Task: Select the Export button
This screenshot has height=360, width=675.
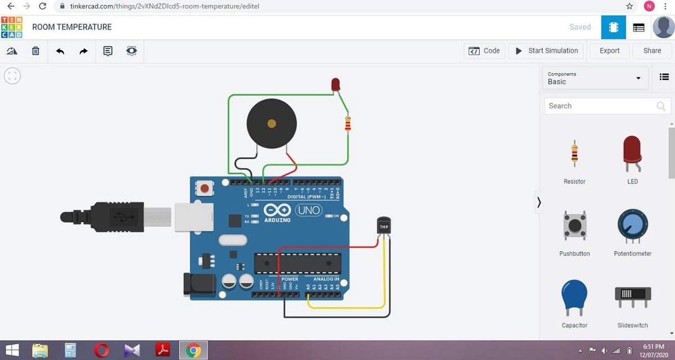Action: pos(609,51)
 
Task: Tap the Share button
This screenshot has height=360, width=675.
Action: pos(652,51)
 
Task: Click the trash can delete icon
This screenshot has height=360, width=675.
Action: pos(35,51)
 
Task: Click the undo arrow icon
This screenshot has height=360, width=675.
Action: pos(60,51)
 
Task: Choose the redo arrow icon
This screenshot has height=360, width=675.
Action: pos(83,51)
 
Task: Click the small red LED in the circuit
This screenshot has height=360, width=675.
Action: pos(336,85)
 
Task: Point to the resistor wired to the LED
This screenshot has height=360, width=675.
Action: pos(348,123)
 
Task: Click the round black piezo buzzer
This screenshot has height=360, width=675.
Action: pos(272,124)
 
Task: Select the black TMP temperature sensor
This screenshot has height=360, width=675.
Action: pos(384,227)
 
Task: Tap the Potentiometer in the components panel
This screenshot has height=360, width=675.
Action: pos(633,226)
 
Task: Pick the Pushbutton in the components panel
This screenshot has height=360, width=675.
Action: pos(574,226)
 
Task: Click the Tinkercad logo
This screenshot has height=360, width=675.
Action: pos(12,27)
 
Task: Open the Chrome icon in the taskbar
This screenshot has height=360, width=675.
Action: pos(193,350)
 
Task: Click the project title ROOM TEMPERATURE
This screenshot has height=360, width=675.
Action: pos(72,27)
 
